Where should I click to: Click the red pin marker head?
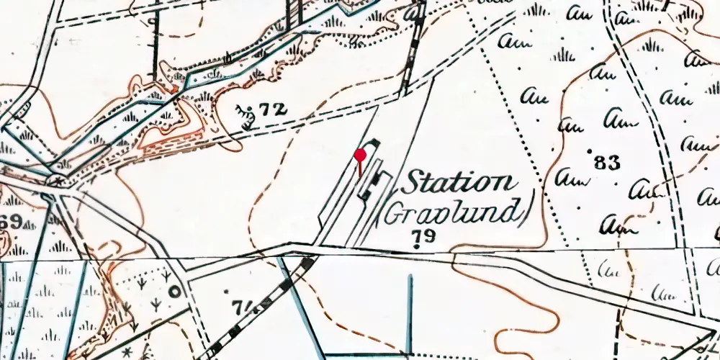[360, 154]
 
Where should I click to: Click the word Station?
[457, 183]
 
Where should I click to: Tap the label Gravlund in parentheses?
[451, 212]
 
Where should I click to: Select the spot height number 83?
[608, 163]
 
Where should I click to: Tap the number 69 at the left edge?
[10, 221]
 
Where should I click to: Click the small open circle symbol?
[174, 292]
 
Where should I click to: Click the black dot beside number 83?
[590, 153]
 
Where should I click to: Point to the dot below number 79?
[417, 247]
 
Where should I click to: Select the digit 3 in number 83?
[613, 163]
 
